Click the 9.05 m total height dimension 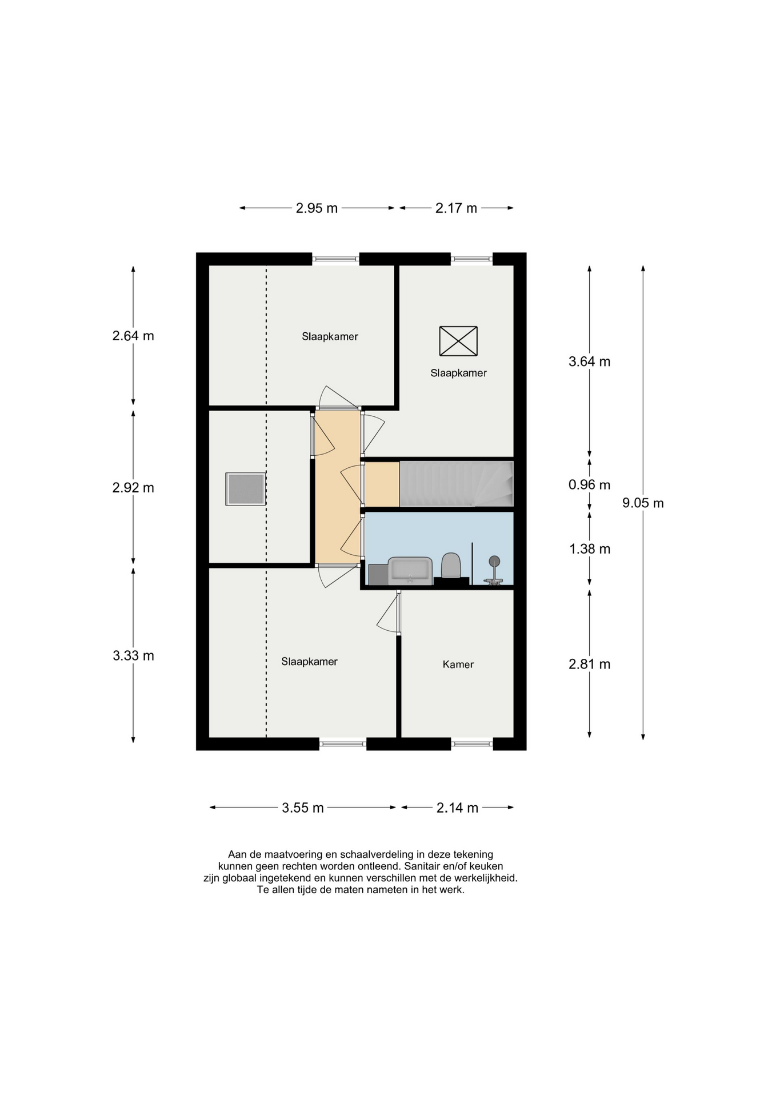(643, 503)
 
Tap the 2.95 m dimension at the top (317, 208)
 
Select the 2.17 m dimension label (456, 208)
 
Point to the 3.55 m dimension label (303, 807)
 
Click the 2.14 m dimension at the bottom (457, 807)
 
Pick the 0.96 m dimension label (589, 485)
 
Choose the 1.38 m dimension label (590, 549)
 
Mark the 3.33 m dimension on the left (133, 655)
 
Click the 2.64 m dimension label (133, 336)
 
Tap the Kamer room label (458, 664)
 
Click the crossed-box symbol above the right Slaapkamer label (458, 341)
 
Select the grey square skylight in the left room (246, 489)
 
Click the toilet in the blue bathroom (451, 565)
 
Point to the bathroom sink (410, 571)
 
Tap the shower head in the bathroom (494, 561)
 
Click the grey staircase (456, 484)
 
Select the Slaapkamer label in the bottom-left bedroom (309, 662)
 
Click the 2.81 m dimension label (589, 664)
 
